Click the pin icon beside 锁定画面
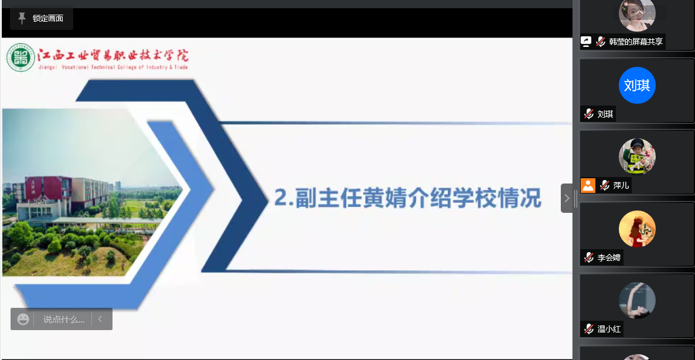point(22,18)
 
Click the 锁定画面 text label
point(48,18)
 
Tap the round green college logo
point(21,57)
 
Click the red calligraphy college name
point(113,56)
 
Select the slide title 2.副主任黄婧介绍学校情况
point(408,198)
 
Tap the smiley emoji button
point(23,319)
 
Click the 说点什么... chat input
point(64,319)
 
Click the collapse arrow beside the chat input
point(100,319)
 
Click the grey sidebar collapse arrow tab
point(567,198)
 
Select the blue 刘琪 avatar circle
point(637,85)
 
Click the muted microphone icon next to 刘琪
point(588,114)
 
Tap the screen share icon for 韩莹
point(586,42)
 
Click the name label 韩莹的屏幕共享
point(636,42)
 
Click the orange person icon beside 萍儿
point(588,185)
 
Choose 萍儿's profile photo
point(637,157)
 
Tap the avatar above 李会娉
point(637,229)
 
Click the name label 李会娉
point(609,257)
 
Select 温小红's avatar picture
point(637,301)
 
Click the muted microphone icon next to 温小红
point(588,329)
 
